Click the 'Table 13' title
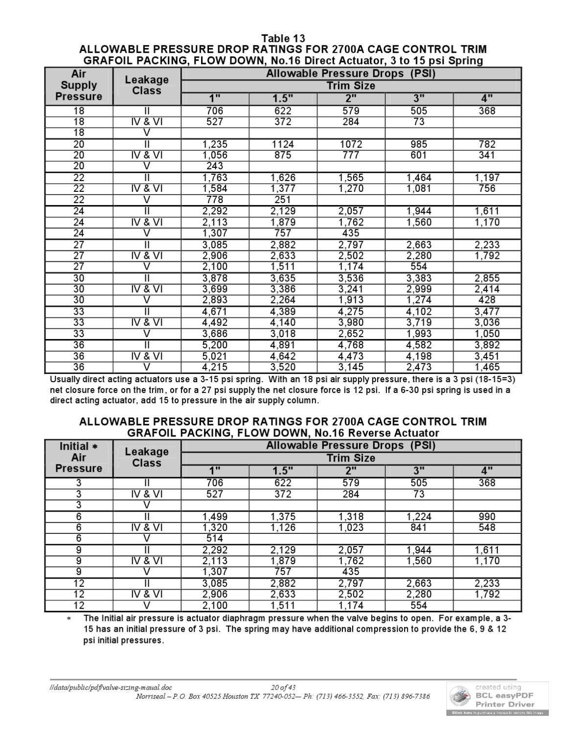tap(283, 38)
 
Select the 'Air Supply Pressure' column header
tap(79, 85)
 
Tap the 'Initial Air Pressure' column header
tap(79, 458)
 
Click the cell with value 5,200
tap(215, 345)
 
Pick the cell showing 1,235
tap(215, 144)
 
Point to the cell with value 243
tap(215, 166)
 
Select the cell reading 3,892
tap(487, 345)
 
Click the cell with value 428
tap(487, 300)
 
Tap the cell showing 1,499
tap(215, 517)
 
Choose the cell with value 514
tap(215, 539)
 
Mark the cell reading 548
tap(487, 528)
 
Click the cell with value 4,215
tap(215, 367)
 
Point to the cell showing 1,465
tap(487, 367)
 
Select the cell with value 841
tap(419, 528)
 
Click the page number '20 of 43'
tap(284, 688)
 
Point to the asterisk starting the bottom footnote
tap(69, 619)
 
